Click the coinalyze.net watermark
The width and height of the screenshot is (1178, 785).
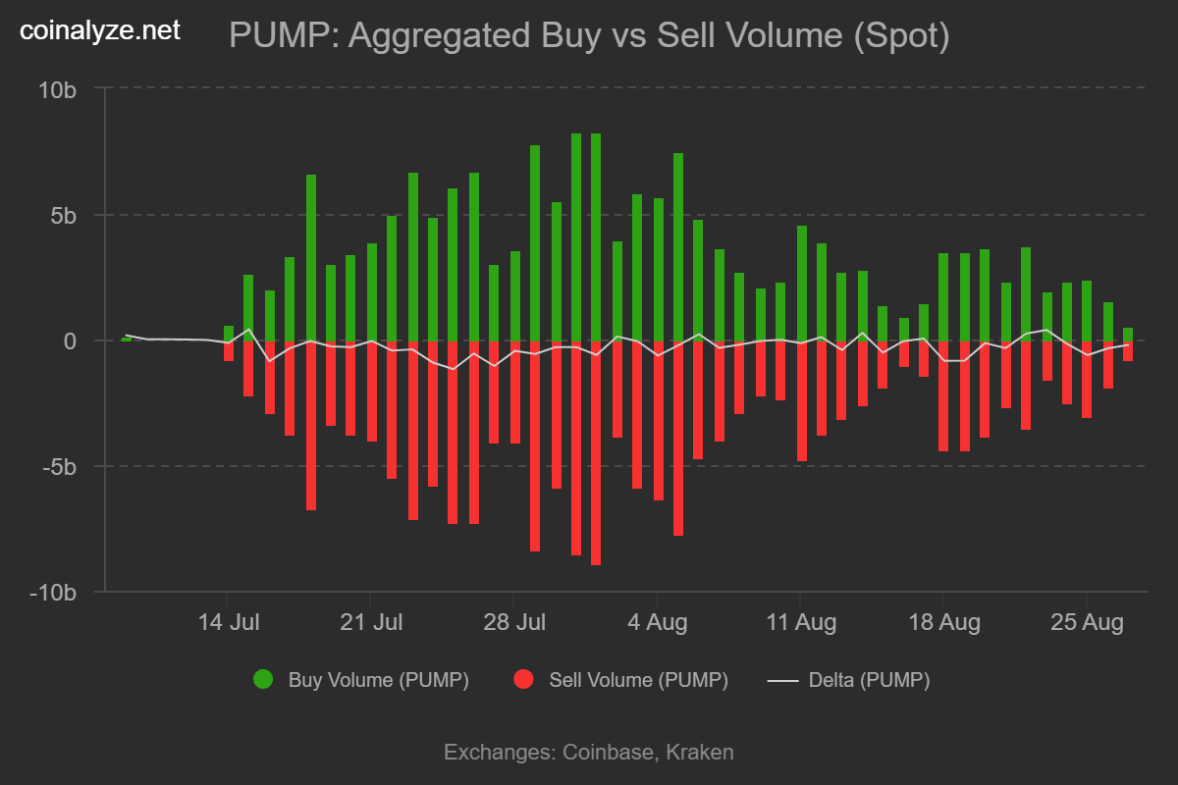100,30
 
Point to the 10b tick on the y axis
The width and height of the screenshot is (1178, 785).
57,89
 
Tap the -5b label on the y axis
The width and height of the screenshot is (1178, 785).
58,466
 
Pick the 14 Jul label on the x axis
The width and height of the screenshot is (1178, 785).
228,622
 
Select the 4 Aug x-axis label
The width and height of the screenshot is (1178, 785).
658,622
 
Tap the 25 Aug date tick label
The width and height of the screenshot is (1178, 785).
1086,622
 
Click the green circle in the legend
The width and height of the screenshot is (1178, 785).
263,680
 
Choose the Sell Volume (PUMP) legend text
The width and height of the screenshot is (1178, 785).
638,680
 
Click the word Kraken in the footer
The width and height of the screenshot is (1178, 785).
700,753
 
